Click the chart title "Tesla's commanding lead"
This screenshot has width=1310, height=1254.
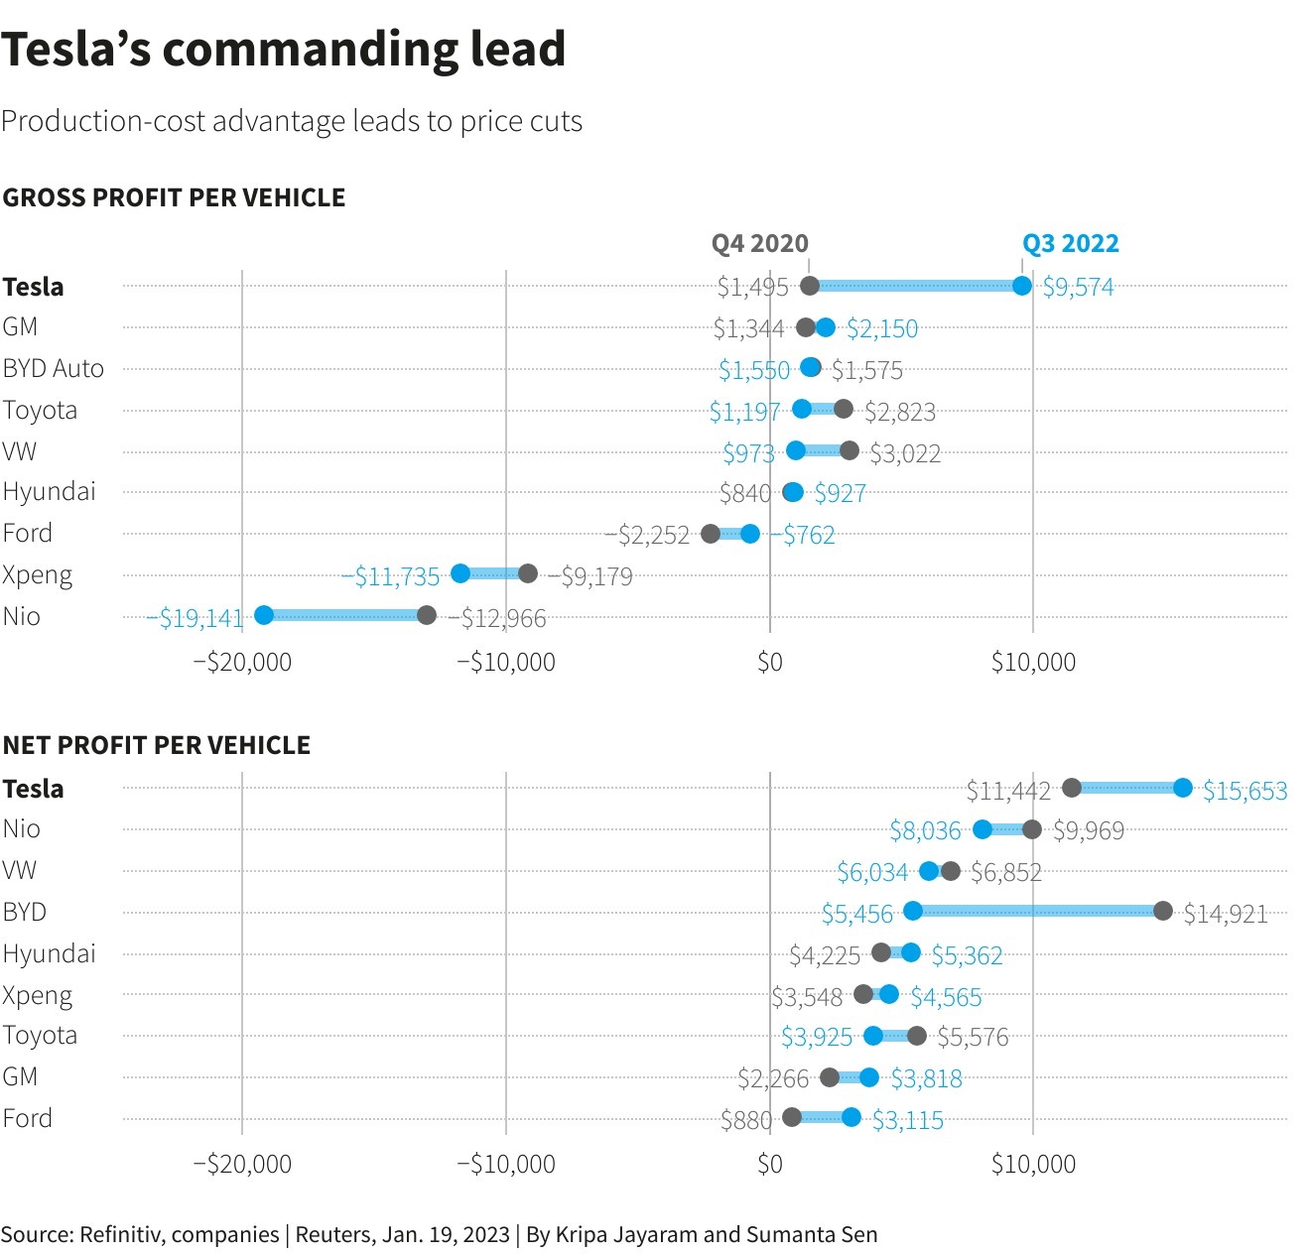click(283, 50)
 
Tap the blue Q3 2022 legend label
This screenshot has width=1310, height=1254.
click(1070, 244)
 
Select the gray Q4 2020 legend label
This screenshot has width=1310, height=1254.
click(759, 244)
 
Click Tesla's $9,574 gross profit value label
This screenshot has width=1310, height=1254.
click(1078, 288)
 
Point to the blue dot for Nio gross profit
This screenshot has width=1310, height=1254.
click(264, 615)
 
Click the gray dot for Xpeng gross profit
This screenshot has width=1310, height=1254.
click(528, 573)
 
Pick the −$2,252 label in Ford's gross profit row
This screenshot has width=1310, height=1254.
click(647, 536)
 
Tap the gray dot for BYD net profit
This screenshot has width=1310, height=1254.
click(1163, 911)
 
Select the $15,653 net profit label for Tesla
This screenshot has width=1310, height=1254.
click(1244, 791)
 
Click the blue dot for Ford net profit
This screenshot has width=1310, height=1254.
click(851, 1117)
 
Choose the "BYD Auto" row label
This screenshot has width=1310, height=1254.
click(53, 369)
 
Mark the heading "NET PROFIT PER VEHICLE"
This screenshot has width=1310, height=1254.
click(157, 745)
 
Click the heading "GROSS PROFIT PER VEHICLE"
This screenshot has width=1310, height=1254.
click(174, 197)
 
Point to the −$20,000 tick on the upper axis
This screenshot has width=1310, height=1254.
click(242, 662)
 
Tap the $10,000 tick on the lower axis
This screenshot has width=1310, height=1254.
click(1033, 1164)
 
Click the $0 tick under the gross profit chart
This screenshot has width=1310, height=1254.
click(770, 662)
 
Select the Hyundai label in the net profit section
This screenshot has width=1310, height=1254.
click(49, 954)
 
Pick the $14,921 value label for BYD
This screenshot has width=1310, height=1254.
click(1226, 914)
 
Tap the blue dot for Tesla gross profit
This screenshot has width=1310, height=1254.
click(1022, 286)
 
